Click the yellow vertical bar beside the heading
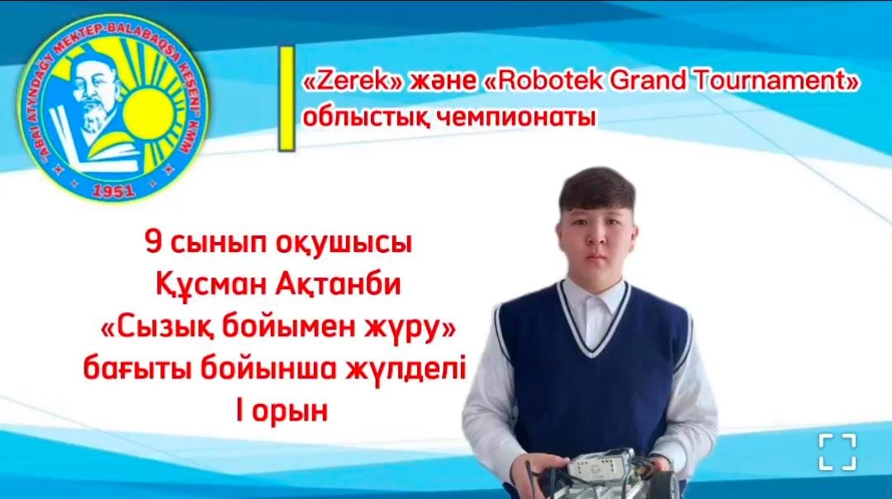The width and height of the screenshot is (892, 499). point(286,99)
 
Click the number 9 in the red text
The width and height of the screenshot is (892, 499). point(151,245)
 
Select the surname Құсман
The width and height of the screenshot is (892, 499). point(211,287)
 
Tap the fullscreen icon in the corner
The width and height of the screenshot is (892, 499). point(837,452)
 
